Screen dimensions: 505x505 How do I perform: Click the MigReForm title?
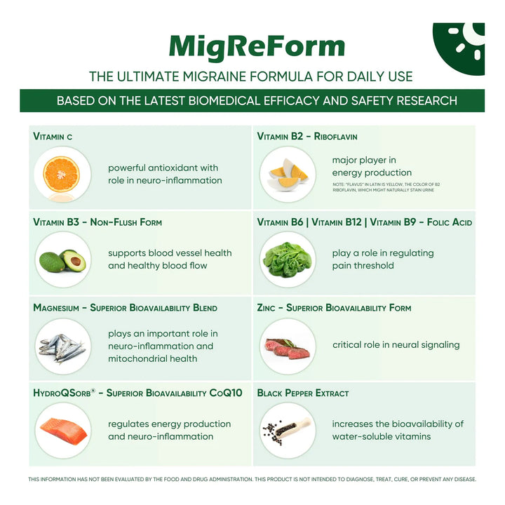(x=257, y=46)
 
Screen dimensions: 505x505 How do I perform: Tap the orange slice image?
(x=62, y=175)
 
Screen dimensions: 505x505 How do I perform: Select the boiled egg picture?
(x=288, y=175)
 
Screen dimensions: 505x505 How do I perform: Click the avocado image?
(x=62, y=260)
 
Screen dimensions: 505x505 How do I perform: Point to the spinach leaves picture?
(x=288, y=260)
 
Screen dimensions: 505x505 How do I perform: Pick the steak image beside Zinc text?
(x=288, y=346)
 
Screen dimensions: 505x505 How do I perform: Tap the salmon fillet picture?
(x=62, y=430)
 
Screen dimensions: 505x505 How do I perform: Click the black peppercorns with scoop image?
(x=288, y=430)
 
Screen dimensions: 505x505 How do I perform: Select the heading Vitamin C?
(x=53, y=136)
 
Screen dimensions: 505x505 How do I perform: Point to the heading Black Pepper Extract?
(x=303, y=393)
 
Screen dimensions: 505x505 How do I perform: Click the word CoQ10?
(x=225, y=393)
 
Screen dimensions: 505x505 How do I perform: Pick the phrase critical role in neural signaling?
(x=396, y=345)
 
